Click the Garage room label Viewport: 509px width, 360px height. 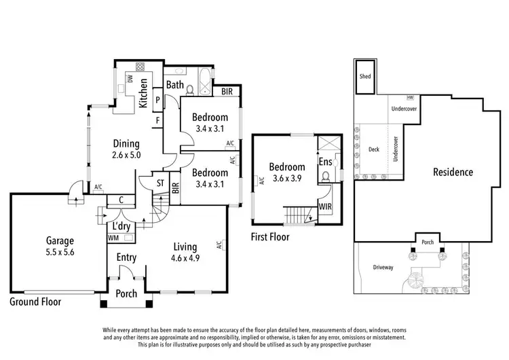60,240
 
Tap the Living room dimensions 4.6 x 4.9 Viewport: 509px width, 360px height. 185,257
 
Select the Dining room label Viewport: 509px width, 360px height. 126,143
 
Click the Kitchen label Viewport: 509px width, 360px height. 143,93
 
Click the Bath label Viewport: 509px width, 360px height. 175,85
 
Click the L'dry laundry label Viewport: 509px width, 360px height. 122,226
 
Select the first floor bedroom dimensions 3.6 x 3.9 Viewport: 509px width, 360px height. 286,178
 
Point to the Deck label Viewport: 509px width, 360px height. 373,149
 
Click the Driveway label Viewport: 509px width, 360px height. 383,268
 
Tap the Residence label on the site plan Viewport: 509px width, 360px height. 453,172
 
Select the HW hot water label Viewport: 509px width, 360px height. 411,98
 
